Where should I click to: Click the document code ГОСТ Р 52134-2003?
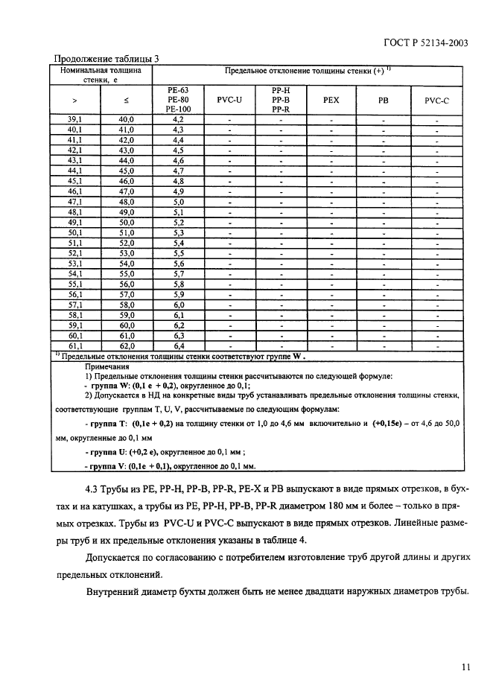click(x=425, y=42)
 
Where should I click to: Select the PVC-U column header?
click(x=229, y=99)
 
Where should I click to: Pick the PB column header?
click(x=383, y=99)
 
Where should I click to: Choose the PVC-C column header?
click(x=436, y=99)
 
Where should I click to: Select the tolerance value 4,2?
click(x=178, y=119)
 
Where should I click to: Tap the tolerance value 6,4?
click(x=178, y=346)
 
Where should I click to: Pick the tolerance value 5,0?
click(x=178, y=202)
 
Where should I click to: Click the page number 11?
click(x=465, y=667)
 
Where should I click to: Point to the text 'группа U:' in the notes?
click(x=106, y=452)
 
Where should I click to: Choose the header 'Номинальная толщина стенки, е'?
click(x=101, y=74)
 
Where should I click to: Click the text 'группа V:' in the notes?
click(x=106, y=466)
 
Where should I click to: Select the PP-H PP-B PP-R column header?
click(x=281, y=99)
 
